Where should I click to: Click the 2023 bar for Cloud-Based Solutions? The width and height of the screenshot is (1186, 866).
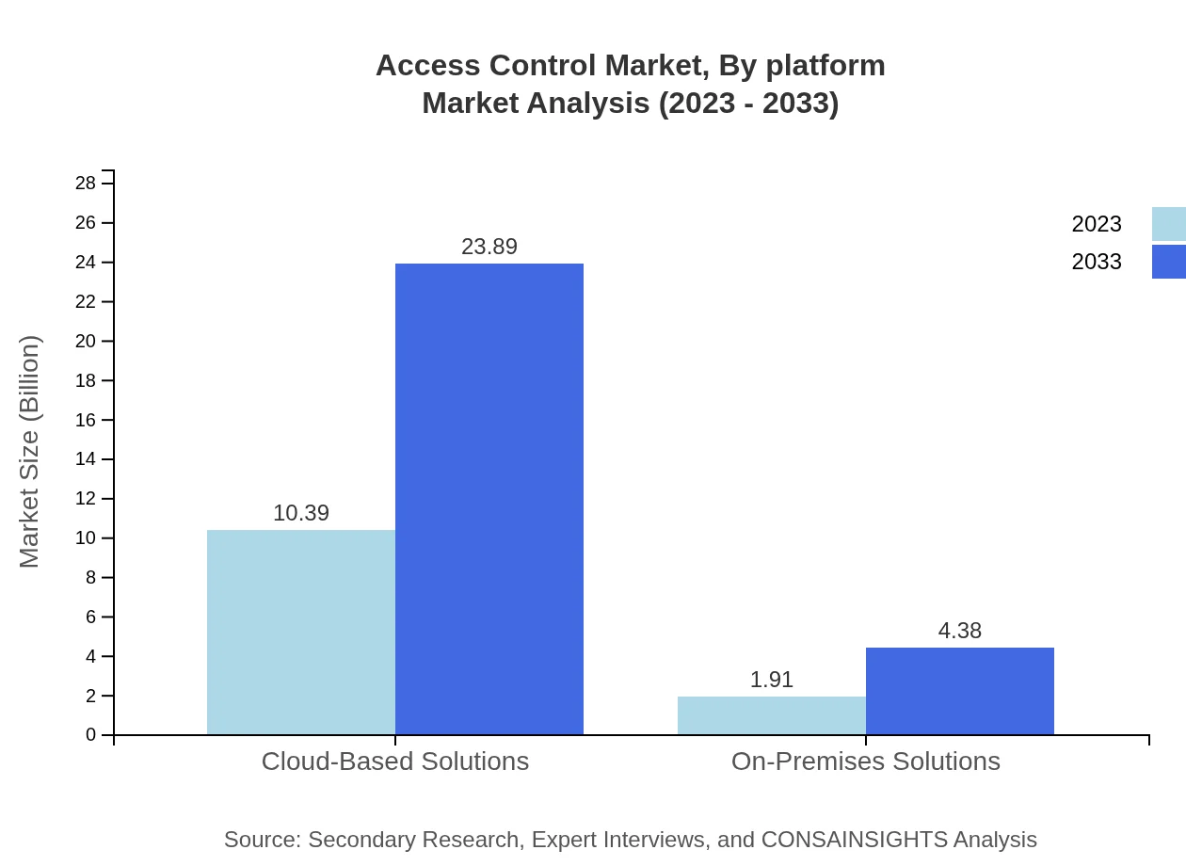click(x=301, y=632)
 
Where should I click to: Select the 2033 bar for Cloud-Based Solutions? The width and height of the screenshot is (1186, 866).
click(x=489, y=499)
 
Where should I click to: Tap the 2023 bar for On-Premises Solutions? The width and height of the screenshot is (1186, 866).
click(x=772, y=715)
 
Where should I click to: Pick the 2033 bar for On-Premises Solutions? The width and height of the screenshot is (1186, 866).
click(x=960, y=691)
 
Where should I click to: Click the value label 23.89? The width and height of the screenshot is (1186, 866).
click(x=489, y=247)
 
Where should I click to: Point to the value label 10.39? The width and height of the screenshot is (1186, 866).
click(x=301, y=513)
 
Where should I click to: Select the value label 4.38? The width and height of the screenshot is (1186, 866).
click(x=960, y=631)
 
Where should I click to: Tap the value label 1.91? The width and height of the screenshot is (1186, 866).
click(x=772, y=680)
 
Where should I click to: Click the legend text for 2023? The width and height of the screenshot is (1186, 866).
click(x=1097, y=224)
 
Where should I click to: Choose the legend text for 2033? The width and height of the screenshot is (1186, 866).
click(x=1097, y=262)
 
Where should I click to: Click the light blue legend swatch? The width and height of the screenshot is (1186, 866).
click(x=1169, y=224)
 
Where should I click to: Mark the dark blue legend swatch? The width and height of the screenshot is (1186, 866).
click(x=1169, y=262)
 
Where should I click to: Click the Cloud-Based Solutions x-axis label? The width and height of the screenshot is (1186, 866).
click(x=395, y=761)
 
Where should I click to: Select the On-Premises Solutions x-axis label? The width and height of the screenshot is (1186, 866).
click(x=866, y=761)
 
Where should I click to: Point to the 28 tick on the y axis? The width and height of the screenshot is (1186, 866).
click(x=86, y=183)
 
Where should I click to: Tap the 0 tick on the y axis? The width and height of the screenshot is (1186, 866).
click(x=91, y=734)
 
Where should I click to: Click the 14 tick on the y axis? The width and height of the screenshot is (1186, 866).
click(x=86, y=459)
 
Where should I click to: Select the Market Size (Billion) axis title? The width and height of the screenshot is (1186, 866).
click(x=29, y=452)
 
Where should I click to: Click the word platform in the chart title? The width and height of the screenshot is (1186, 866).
click(x=825, y=66)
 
